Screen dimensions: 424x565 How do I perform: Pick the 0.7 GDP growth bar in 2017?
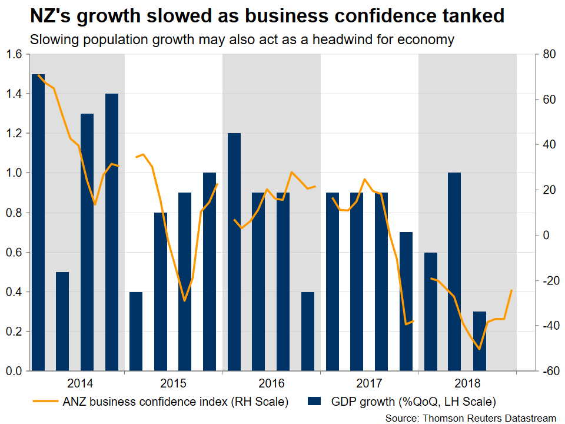[406, 302]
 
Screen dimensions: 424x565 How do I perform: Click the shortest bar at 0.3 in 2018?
[480, 341]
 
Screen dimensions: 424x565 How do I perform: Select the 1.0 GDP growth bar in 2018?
[455, 271]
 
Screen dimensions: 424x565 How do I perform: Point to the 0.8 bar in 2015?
[161, 291]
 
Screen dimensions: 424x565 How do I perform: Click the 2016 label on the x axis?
[271, 384]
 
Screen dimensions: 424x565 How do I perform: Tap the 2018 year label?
[467, 384]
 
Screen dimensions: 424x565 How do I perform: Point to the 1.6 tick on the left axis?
[14, 55]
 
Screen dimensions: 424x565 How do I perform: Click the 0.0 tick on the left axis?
[14, 372]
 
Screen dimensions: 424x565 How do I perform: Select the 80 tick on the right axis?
[550, 55]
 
